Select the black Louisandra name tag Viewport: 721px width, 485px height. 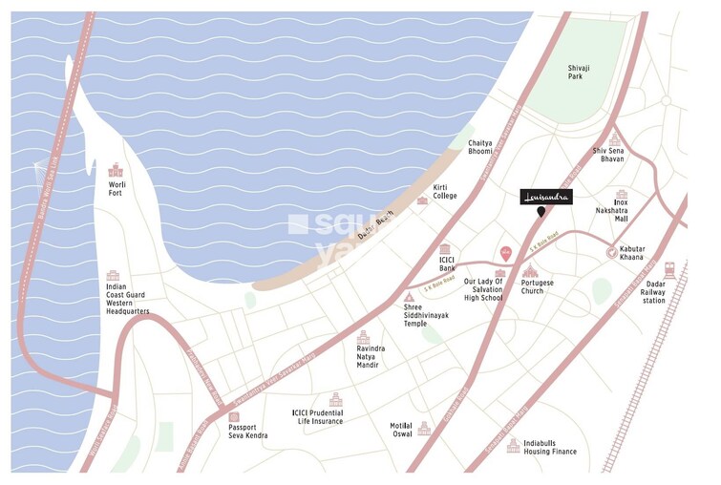click(546, 197)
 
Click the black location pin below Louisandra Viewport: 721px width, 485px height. click(542, 212)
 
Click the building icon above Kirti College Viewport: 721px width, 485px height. click(423, 200)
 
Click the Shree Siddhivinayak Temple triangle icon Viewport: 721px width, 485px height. click(409, 298)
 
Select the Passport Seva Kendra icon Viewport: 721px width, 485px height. click(234, 417)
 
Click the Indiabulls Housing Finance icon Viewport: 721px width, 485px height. click(514, 444)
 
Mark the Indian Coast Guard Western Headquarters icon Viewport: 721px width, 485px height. click(113, 276)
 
